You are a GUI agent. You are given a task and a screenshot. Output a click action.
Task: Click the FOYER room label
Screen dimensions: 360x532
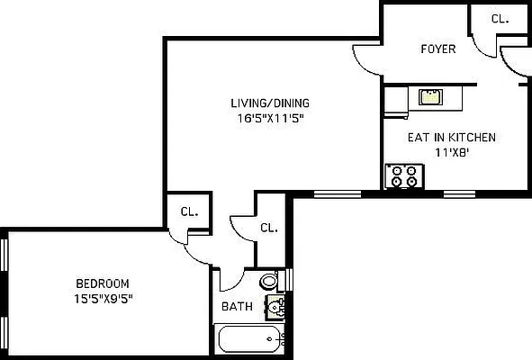[x=438, y=49]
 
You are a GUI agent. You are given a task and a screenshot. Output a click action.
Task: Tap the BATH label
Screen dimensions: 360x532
[x=237, y=306]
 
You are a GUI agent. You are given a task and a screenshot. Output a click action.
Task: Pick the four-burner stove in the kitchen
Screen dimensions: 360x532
[x=403, y=175]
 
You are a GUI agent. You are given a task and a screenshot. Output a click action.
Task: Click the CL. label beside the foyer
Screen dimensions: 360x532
[x=500, y=18]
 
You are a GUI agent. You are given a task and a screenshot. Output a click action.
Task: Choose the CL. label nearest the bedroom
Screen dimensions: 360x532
[x=189, y=212]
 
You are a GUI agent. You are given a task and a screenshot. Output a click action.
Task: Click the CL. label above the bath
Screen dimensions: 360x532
[x=269, y=228]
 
